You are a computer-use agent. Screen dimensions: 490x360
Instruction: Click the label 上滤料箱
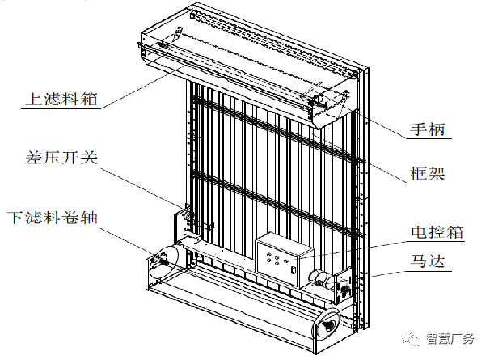[61, 99]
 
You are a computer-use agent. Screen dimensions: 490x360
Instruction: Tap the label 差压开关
[61, 157]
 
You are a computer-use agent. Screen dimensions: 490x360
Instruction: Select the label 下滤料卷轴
[53, 218]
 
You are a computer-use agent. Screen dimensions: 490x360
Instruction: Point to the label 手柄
[427, 129]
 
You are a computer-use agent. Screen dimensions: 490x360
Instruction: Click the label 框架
[427, 173]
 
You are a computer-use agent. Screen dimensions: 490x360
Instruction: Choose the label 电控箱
[437, 232]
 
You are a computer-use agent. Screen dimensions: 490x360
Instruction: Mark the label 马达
[427, 261]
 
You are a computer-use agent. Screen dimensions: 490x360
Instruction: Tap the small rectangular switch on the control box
[294, 269]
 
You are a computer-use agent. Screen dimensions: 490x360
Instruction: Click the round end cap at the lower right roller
[327, 324]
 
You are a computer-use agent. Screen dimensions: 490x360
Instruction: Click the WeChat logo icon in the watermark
[412, 338]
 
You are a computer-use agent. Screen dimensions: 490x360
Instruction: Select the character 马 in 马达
[418, 261]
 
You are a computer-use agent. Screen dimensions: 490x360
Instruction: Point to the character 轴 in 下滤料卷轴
[89, 218]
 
